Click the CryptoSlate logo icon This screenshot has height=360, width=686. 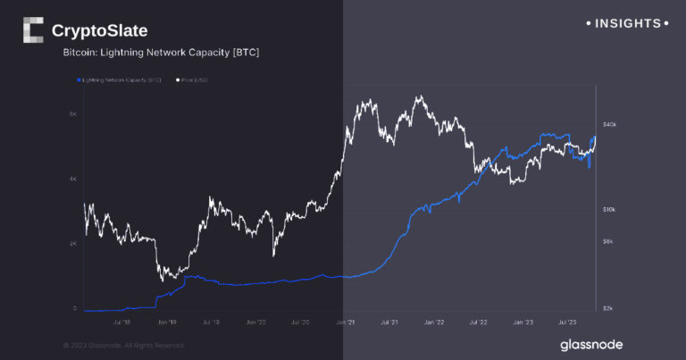(x=33, y=30)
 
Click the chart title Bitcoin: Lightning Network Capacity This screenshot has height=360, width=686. (x=161, y=54)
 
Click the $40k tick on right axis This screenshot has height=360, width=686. (x=610, y=124)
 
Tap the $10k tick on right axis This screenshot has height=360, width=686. (x=609, y=210)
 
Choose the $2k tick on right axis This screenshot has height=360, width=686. (x=608, y=307)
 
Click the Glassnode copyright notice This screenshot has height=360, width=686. (x=124, y=345)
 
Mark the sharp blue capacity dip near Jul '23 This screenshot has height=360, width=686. (x=588, y=167)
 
